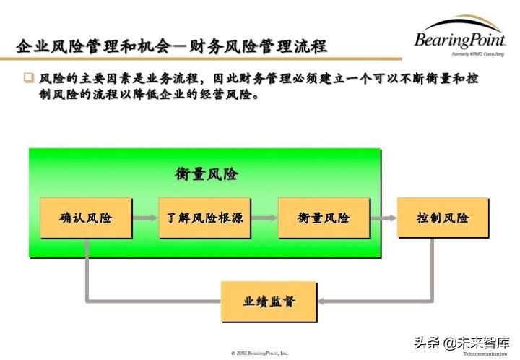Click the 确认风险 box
(x=86, y=218)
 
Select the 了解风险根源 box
(x=205, y=218)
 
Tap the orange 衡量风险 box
(x=324, y=218)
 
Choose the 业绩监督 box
(x=269, y=301)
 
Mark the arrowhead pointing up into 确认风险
(x=86, y=245)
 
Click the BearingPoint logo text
(x=460, y=40)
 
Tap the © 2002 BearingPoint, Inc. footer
(x=259, y=353)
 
